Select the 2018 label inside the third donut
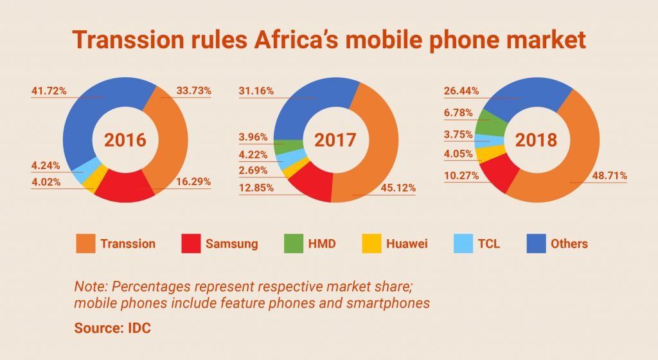[x=540, y=141]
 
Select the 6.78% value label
[x=458, y=113]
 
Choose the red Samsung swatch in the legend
[x=190, y=244]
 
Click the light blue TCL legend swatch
[x=467, y=244]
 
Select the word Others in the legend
[x=569, y=244]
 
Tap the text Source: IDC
[x=112, y=328]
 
